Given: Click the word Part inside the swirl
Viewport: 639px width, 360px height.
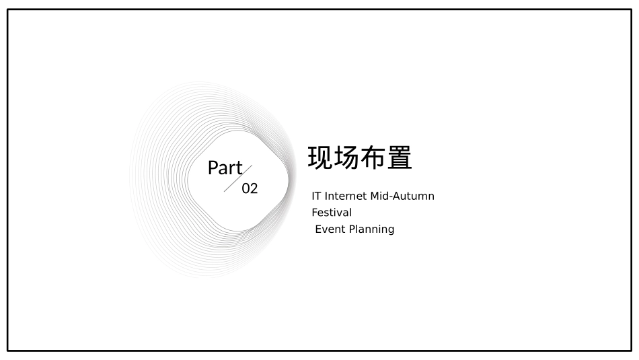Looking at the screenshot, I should [x=225, y=168].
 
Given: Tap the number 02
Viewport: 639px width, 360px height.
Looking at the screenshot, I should [x=250, y=188].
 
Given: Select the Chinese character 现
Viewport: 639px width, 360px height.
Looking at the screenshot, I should [x=321, y=158].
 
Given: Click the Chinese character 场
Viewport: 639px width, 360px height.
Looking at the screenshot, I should [x=347, y=158].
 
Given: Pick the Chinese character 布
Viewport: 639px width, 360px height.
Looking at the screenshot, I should [x=373, y=158].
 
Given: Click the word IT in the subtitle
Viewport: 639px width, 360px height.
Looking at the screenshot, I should [x=316, y=196].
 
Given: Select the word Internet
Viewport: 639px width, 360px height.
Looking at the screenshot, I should [x=346, y=196].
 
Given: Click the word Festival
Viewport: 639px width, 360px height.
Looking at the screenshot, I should [x=332, y=213].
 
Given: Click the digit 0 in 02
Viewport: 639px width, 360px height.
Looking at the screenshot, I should [x=246, y=188].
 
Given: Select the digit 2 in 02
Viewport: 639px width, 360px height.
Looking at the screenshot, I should [x=254, y=188].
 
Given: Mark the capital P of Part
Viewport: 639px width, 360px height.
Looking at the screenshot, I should [x=213, y=168].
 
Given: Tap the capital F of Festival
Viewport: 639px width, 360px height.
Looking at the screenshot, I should [x=314, y=213].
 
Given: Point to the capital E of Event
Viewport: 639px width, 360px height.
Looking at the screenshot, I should [x=318, y=229].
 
